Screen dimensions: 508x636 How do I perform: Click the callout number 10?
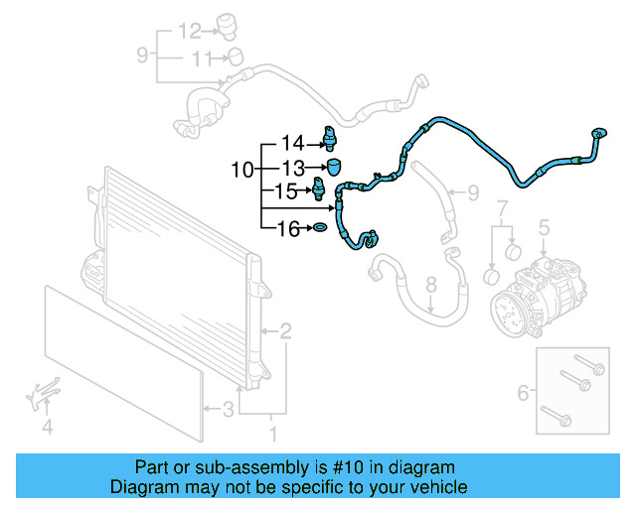(242, 170)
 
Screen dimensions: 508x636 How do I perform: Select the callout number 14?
(291, 143)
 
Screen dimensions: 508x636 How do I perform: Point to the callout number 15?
(286, 190)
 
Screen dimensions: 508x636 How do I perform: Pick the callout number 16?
(287, 230)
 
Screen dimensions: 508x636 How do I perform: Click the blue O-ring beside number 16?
(320, 230)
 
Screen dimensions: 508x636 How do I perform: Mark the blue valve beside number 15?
(319, 188)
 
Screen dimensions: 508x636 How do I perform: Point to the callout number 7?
(502, 209)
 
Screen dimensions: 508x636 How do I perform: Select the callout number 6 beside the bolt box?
(524, 394)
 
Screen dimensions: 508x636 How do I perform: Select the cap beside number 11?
(235, 56)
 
